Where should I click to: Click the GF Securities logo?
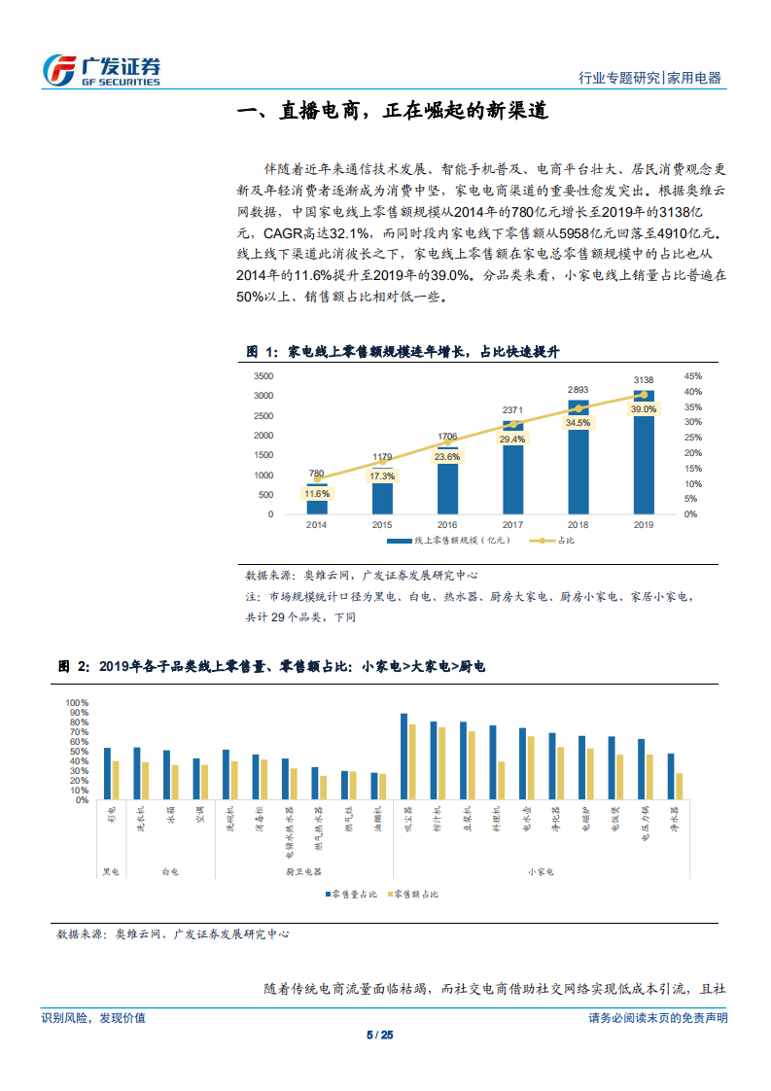pyautogui.click(x=102, y=69)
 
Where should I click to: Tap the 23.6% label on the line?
pyautogui.click(x=447, y=456)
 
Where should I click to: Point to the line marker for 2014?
pyautogui.click(x=317, y=478)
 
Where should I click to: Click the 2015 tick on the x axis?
pyautogui.click(x=382, y=524)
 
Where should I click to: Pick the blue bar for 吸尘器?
pyautogui.click(x=403, y=757)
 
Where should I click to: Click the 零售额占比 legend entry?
pyautogui.click(x=413, y=893)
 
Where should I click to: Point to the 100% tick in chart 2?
pyautogui.click(x=77, y=702)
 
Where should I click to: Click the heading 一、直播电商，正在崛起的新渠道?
pyautogui.click(x=394, y=111)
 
